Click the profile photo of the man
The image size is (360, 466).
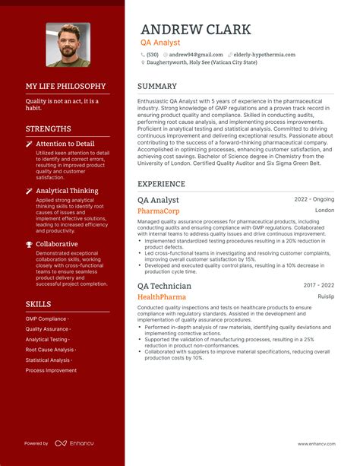[x=68, y=45]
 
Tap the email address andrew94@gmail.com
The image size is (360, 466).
[x=195, y=55]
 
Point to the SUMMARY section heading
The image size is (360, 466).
[x=157, y=87]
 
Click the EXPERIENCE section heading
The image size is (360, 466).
[x=161, y=184]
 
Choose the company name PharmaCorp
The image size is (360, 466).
[x=159, y=211]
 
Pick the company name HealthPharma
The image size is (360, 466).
[x=162, y=296]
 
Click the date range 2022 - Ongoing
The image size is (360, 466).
[x=314, y=199]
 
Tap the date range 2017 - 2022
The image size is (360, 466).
[x=319, y=285]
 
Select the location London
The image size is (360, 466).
[x=324, y=211]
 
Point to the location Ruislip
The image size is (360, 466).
[x=326, y=296]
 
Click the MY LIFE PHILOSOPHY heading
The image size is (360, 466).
[x=66, y=87]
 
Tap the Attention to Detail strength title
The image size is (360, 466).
[x=65, y=143]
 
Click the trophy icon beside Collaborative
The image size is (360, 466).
[x=29, y=244]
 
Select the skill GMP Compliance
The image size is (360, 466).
[x=46, y=319]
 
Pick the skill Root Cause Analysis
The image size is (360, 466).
[x=50, y=350]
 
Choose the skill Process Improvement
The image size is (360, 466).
[x=51, y=370]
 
